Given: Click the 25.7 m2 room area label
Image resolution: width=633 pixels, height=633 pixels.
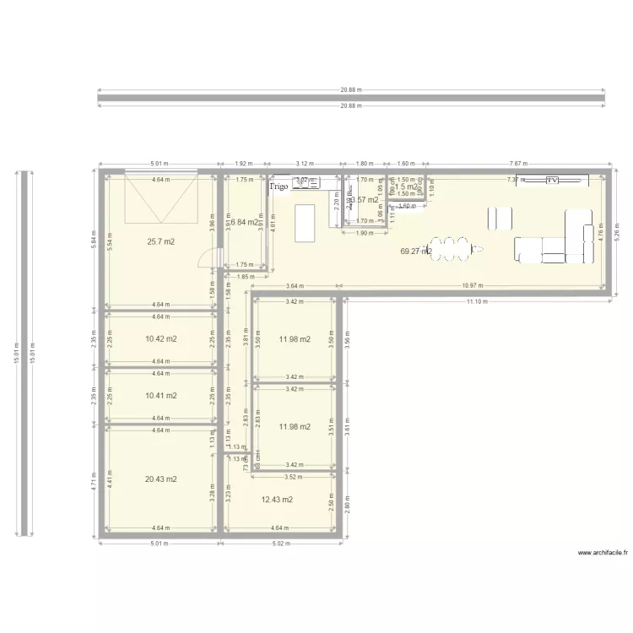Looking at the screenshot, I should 160,242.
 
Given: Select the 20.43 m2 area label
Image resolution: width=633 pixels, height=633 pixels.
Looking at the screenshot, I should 160,479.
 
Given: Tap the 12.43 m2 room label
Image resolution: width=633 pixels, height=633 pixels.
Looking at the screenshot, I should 277,500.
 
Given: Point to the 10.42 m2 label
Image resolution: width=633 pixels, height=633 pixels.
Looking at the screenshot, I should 160,339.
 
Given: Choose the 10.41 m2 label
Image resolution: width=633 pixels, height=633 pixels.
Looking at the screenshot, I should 160,395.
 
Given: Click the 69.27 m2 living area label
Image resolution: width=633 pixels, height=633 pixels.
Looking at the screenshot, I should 416,251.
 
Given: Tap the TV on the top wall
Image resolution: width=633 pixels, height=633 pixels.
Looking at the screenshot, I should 552,181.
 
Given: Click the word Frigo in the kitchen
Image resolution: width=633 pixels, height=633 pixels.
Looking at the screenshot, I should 279,186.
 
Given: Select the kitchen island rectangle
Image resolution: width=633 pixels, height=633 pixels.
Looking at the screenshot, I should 304,221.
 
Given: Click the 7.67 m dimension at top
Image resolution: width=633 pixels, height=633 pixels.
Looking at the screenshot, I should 515,164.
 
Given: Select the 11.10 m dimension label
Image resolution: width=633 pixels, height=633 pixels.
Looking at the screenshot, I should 477,301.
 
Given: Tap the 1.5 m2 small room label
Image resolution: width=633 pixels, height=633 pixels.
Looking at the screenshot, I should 407,187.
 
